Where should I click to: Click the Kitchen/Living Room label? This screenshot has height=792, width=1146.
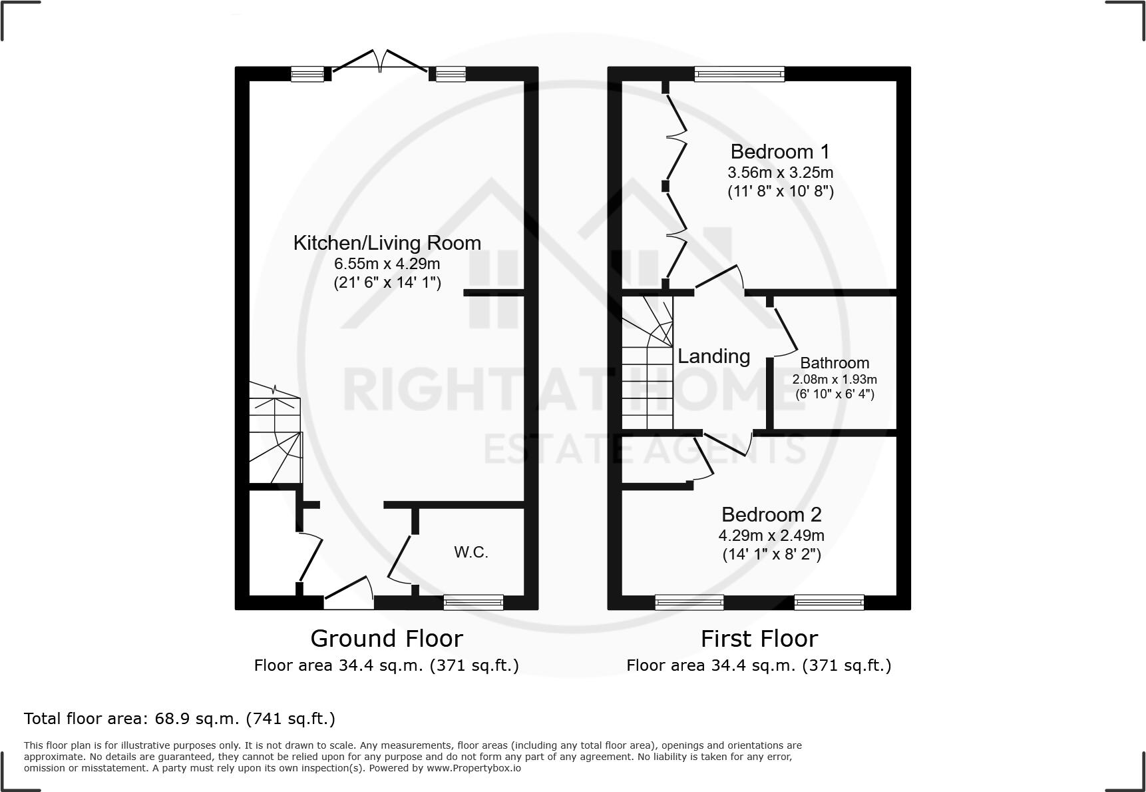coord(387,243)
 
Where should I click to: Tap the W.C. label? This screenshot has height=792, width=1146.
coord(471,552)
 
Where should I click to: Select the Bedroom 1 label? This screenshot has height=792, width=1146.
coord(780,152)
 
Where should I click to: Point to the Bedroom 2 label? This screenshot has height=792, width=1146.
coord(771,515)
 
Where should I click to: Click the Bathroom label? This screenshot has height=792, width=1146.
coord(835,363)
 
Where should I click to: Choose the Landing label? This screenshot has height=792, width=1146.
coord(713,356)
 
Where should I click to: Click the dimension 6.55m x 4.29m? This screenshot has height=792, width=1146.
coord(387,264)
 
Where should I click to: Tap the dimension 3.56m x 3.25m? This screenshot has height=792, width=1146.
coord(780,173)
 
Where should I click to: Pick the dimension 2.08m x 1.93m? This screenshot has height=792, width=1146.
coord(835,380)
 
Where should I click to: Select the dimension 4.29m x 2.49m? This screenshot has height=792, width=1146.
coord(771,536)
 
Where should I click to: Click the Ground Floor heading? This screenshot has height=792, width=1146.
coord(387,639)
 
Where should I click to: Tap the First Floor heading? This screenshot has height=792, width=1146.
coord(759,639)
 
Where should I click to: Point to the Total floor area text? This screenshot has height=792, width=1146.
coord(180,719)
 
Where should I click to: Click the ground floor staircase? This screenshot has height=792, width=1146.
coord(275,433)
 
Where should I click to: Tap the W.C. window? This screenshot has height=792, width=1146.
coord(473,602)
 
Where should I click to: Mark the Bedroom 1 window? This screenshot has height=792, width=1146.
coord(739,74)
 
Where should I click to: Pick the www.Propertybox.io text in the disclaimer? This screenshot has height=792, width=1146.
coord(474,768)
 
